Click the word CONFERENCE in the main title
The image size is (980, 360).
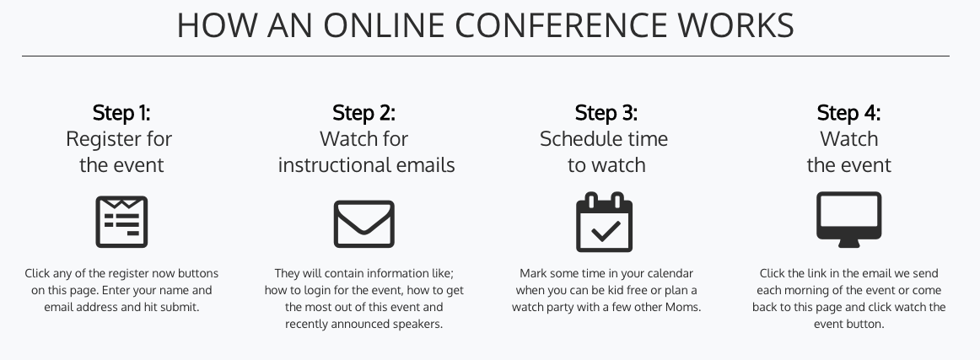point(561,25)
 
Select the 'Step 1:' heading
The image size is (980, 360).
point(121,113)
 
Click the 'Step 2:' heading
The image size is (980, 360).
point(363,113)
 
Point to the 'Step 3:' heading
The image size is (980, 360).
point(606,113)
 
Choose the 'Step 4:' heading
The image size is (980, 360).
point(848,113)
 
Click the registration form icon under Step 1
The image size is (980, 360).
point(121,222)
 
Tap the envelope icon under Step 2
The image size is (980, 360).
point(363,223)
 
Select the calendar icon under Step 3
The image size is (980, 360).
point(604,222)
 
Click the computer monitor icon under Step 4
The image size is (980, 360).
point(848,219)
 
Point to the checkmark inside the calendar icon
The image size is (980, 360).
point(606,231)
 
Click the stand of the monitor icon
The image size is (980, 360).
point(848,244)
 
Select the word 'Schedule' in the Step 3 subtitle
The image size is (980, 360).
point(578,139)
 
